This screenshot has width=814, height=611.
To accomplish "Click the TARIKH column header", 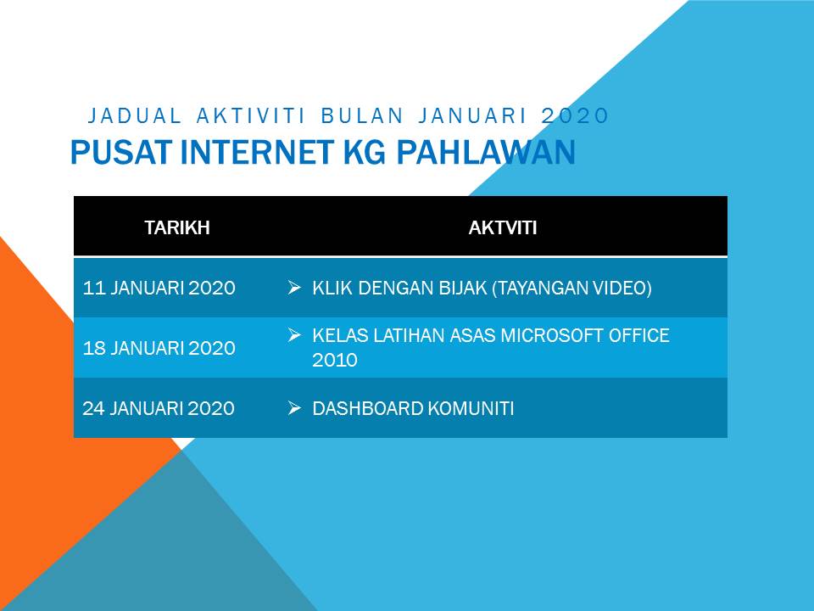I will click(177, 227).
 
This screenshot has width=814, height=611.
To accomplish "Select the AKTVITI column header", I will click(503, 227).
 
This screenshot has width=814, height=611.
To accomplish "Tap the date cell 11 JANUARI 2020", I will click(159, 288).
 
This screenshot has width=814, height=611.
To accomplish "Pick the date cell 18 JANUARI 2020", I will click(159, 348).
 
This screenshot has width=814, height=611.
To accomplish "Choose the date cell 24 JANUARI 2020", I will click(159, 408).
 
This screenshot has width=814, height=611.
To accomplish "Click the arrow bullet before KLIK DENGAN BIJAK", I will click(294, 288).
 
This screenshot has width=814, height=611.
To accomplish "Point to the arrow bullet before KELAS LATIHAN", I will click(294, 335).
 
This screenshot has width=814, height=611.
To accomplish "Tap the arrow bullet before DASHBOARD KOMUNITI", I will click(294, 408).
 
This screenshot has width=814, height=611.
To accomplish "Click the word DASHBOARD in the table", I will click(368, 408).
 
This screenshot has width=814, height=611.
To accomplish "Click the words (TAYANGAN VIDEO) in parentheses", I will click(572, 288).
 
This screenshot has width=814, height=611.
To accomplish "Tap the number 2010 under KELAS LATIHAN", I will click(335, 360).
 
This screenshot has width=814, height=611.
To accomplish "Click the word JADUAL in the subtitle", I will click(135, 115).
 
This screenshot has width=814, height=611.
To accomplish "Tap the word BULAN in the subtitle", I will click(360, 115).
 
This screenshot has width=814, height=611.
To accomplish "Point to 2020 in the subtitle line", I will click(575, 115).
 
